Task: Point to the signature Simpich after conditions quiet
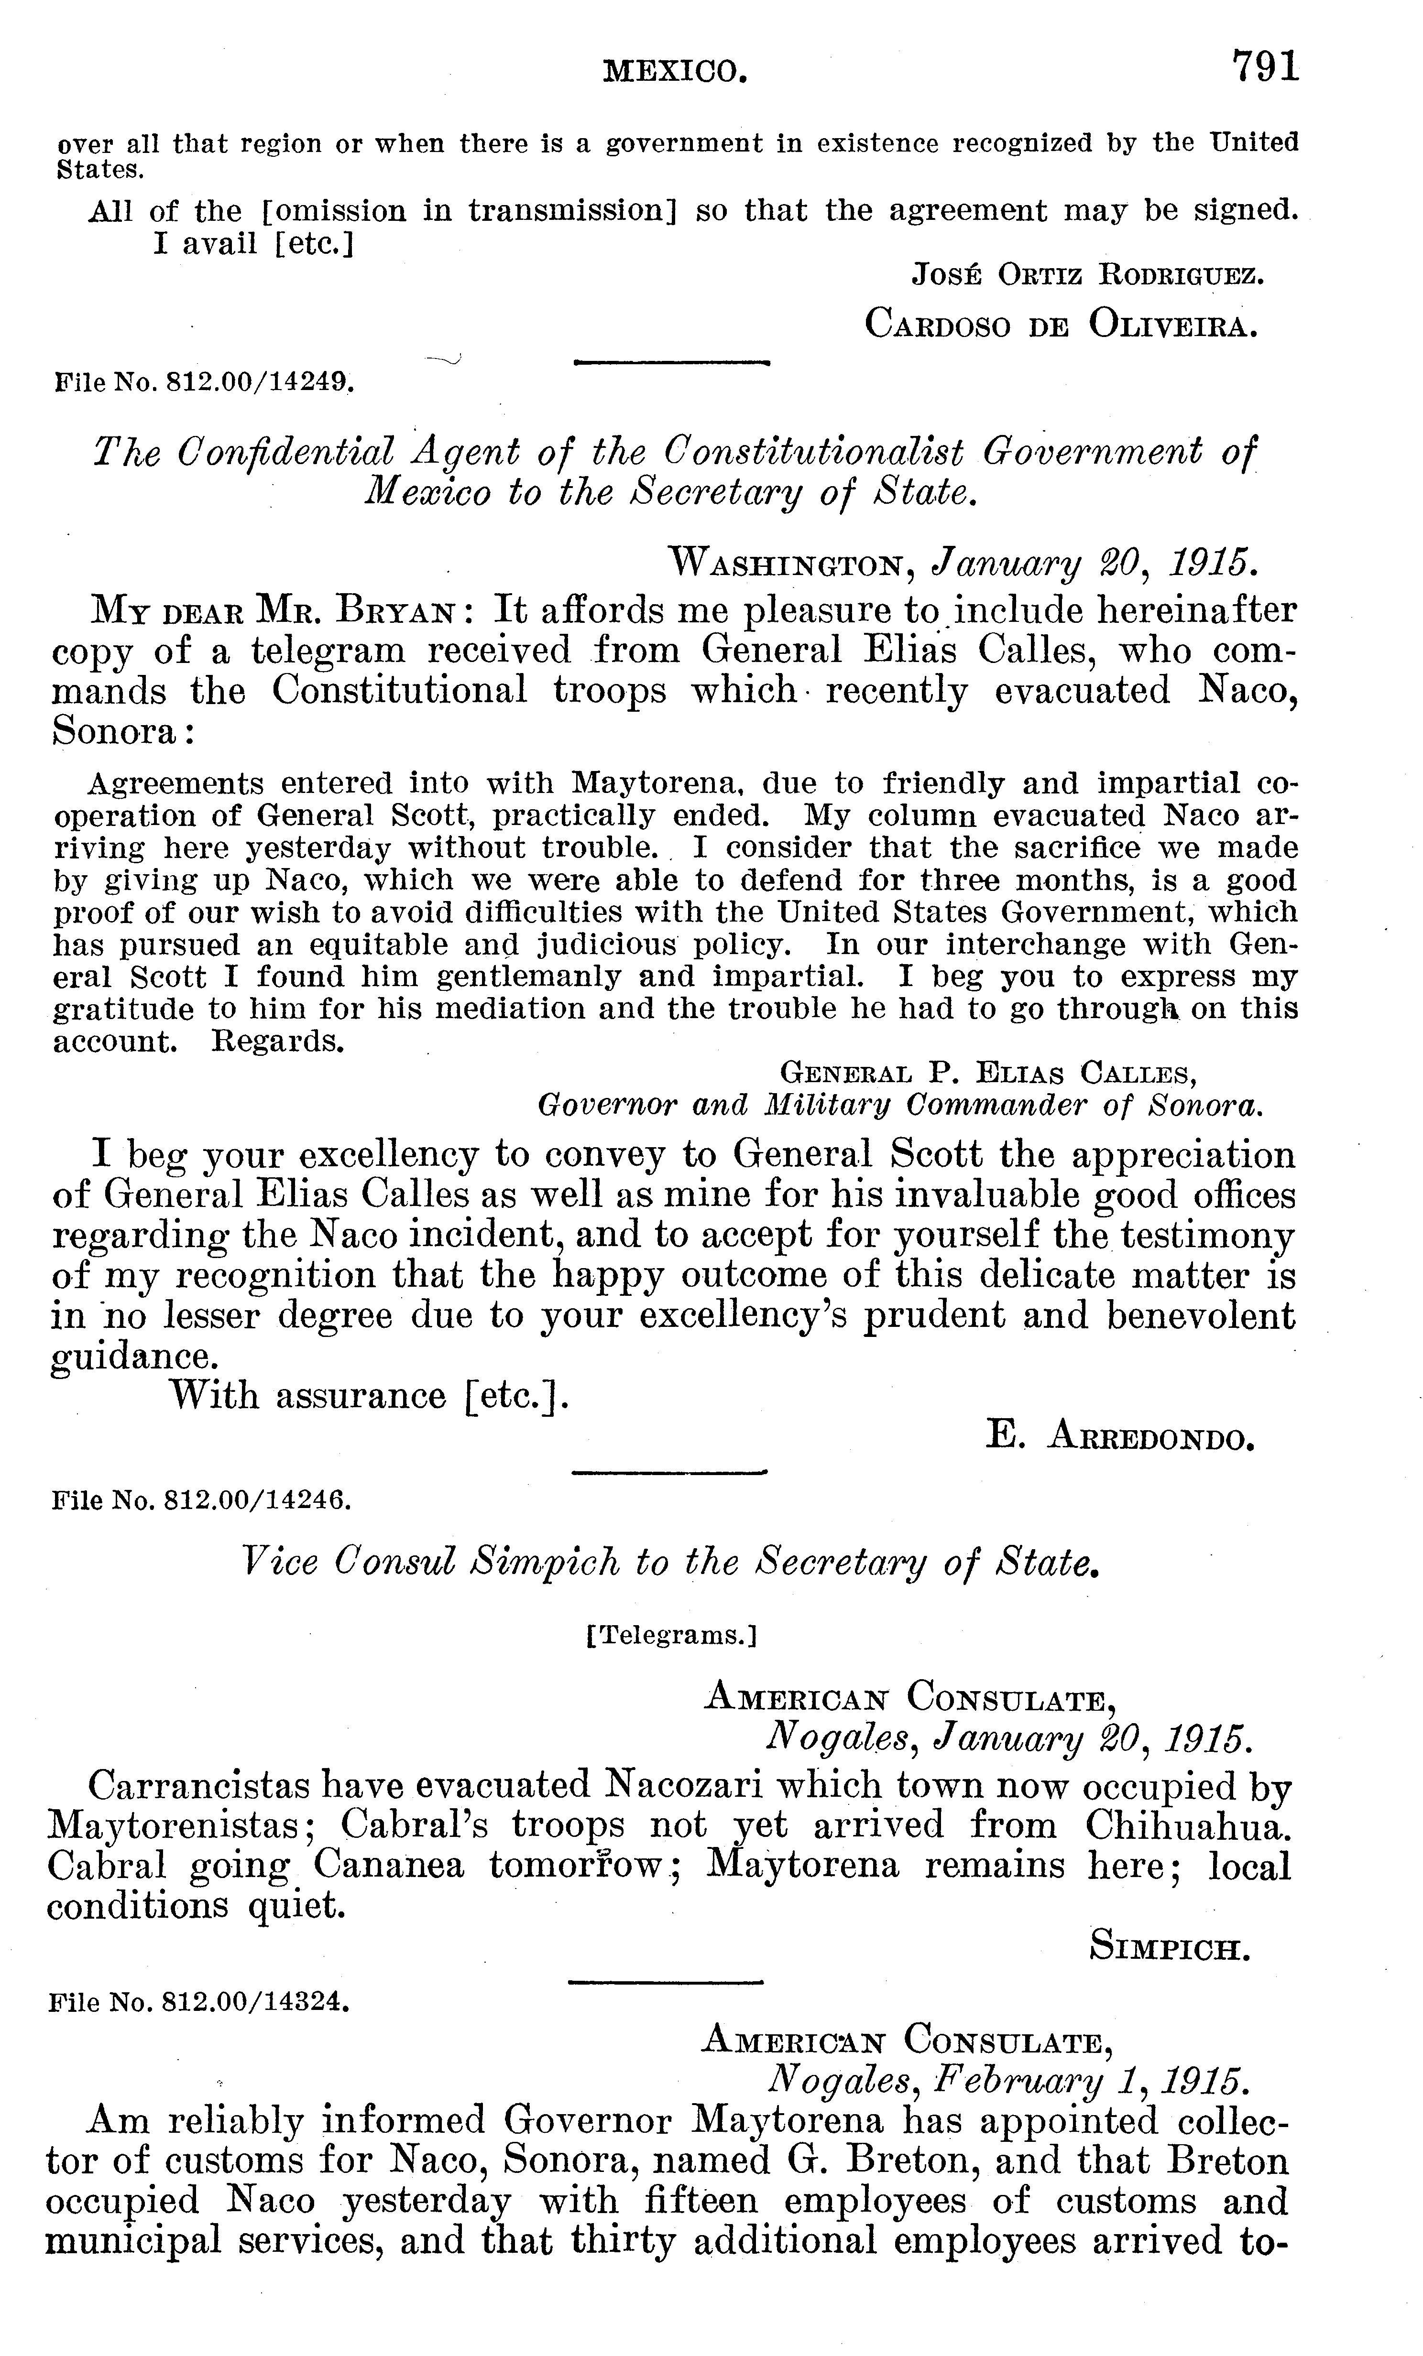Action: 1171,1948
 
